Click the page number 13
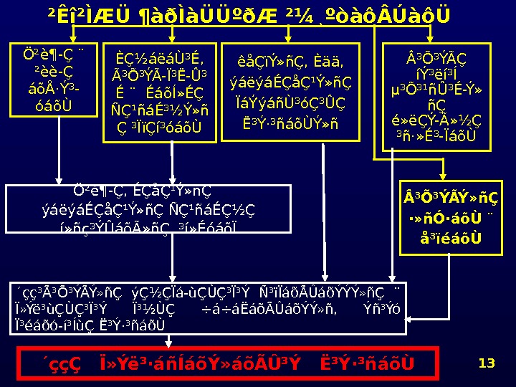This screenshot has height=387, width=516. [487, 363]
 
